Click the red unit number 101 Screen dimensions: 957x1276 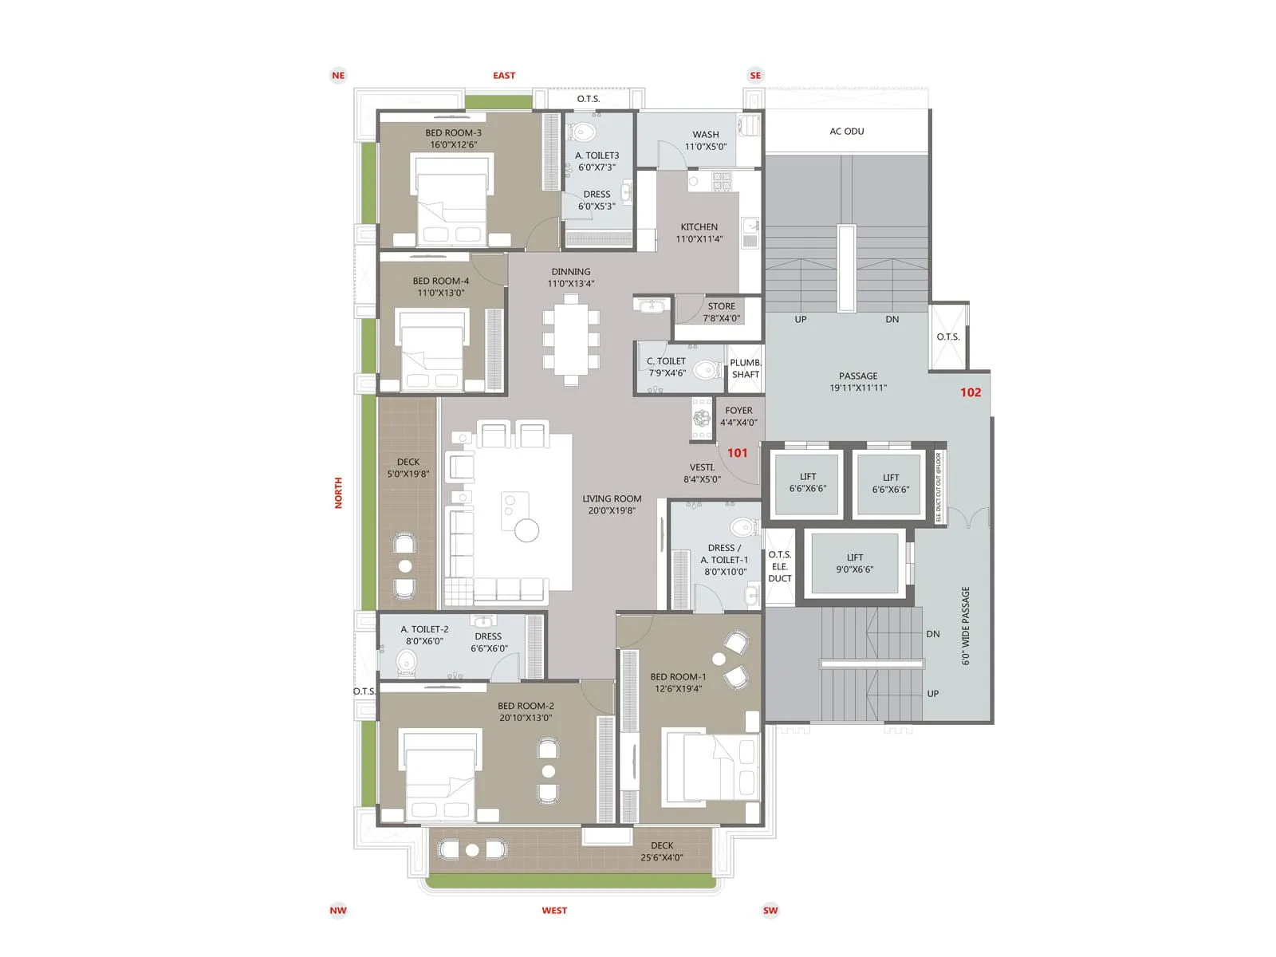[x=737, y=453]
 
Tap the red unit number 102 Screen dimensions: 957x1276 [x=970, y=392]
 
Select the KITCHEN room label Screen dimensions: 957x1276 [x=699, y=232]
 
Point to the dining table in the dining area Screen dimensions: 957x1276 [x=571, y=339]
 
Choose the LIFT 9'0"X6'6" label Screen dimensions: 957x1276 [x=854, y=563]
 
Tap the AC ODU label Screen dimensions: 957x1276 [x=846, y=131]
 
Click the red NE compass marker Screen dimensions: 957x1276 [x=338, y=76]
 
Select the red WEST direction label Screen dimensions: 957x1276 [x=554, y=910]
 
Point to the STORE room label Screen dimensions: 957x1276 [x=721, y=312]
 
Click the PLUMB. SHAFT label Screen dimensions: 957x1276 [x=745, y=368]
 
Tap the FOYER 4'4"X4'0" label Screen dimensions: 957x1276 [x=738, y=416]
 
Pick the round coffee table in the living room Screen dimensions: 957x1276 [x=526, y=530]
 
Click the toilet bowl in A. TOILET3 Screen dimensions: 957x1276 [x=585, y=132]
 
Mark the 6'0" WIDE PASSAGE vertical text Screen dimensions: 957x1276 [x=965, y=626]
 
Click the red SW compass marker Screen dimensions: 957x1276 [x=770, y=910]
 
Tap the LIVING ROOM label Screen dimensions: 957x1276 [x=612, y=504]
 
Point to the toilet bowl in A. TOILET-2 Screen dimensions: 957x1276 [x=407, y=661]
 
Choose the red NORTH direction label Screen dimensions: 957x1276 [x=338, y=493]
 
